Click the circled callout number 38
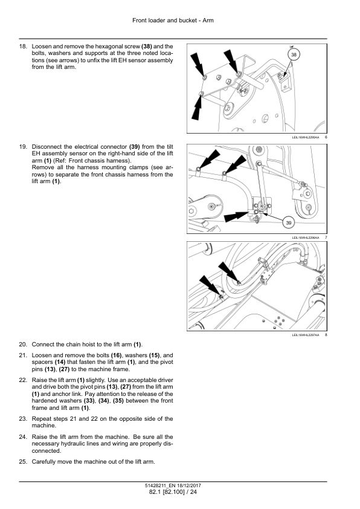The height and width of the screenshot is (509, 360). point(294,54)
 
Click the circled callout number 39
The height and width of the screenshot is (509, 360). point(289,222)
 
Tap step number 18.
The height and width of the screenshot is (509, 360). point(23,47)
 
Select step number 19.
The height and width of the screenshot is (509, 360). point(23,147)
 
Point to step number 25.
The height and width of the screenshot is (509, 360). point(23,462)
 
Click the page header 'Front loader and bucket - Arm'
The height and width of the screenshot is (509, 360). point(173,21)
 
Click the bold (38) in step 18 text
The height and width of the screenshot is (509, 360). point(147,47)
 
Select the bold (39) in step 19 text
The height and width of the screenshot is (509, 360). point(135,147)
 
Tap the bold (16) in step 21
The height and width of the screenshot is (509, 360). point(117,355)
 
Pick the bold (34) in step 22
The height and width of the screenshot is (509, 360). point(104,401)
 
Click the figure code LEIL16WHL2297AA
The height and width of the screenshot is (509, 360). point(306,335)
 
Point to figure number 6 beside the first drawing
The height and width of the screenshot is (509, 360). point(326,137)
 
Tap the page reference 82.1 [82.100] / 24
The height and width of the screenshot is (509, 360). point(173,492)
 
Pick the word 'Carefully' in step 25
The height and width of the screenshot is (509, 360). point(43,462)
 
